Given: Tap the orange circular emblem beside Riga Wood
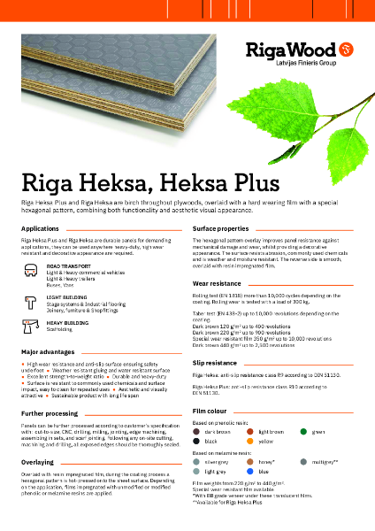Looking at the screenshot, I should (347, 46).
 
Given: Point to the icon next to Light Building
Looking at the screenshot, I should (33, 300).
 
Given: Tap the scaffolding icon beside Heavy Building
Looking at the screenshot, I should (33, 327).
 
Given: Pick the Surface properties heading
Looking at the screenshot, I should (226, 228).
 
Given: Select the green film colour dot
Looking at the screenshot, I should (303, 430).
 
